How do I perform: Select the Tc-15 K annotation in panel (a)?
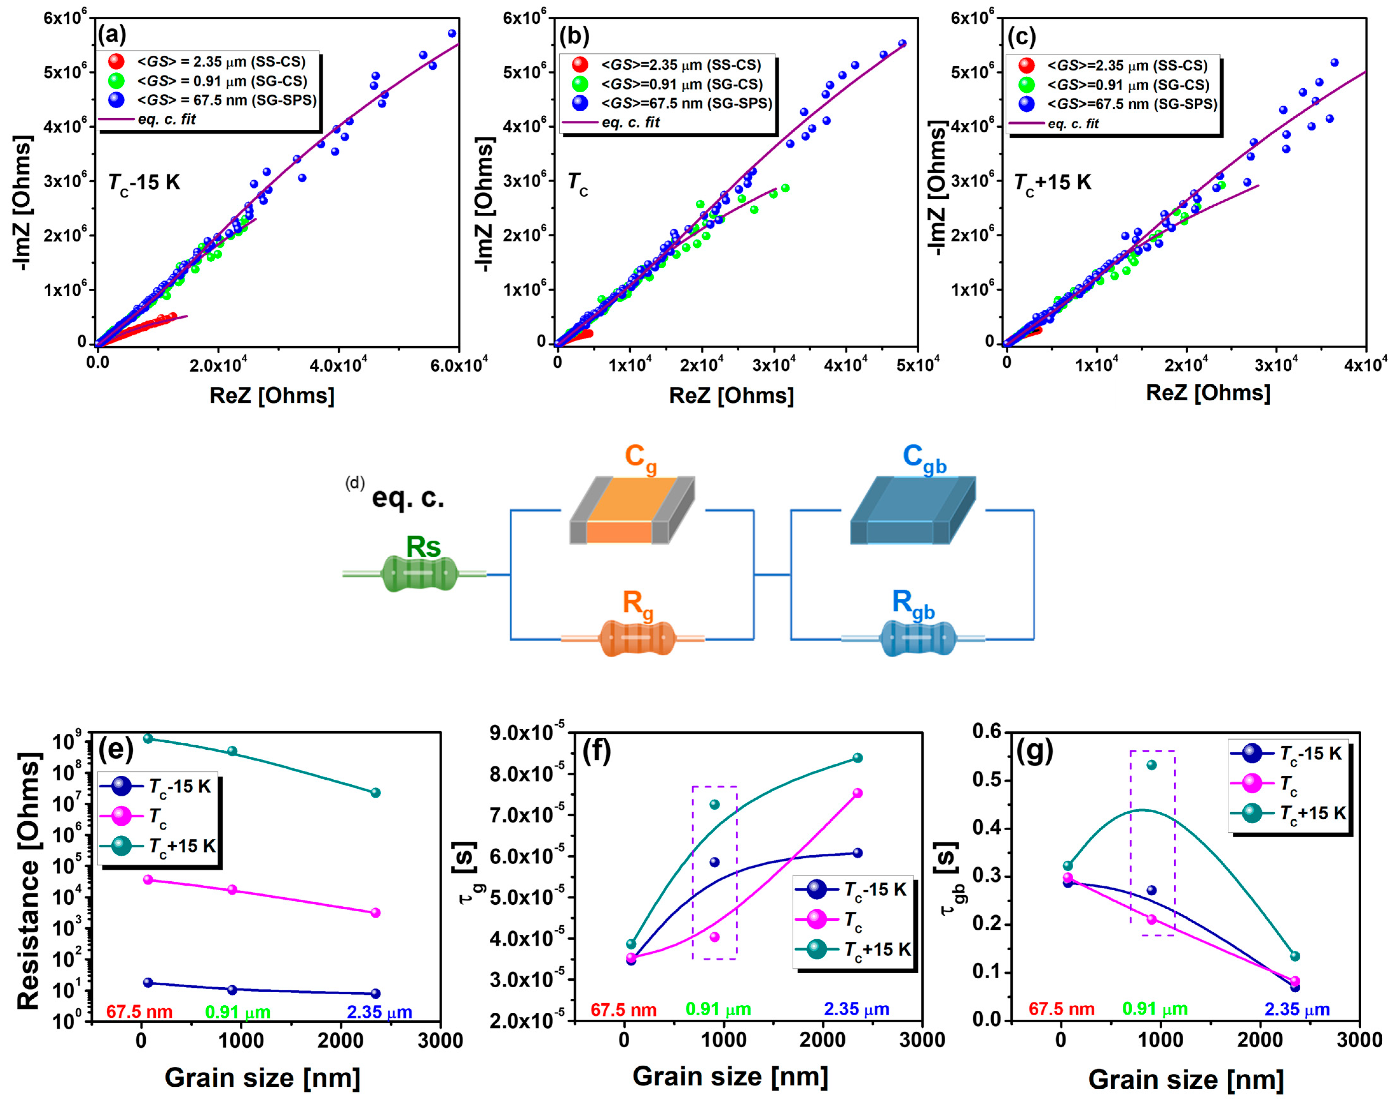pos(144,183)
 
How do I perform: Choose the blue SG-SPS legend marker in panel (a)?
pos(117,100)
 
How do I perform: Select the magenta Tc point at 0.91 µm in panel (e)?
pos(232,890)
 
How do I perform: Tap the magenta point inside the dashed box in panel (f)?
pos(714,937)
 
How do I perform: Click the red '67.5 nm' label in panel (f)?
pos(623,1010)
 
